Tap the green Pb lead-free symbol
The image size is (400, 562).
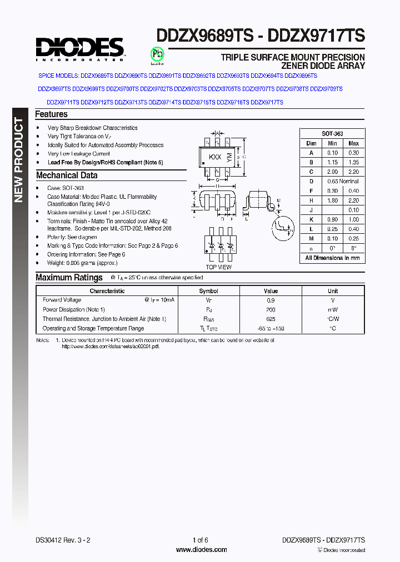point(158,54)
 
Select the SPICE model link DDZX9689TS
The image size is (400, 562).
point(97,75)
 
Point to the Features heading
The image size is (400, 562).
point(51,114)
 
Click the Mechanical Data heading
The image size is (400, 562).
point(67,175)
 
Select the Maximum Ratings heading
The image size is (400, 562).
point(69,278)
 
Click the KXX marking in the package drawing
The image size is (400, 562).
point(215,157)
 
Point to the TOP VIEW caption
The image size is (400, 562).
point(218,267)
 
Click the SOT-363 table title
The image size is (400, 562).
point(332,134)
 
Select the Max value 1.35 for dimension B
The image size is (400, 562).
point(353,162)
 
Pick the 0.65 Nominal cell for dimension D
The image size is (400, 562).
point(342,182)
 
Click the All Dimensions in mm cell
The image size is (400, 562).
point(332,258)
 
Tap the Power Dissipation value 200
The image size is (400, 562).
point(271,309)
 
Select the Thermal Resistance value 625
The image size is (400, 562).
point(271,319)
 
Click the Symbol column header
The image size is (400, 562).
point(209,291)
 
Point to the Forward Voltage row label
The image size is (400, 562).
point(62,300)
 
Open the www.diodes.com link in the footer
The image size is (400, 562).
point(201,550)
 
